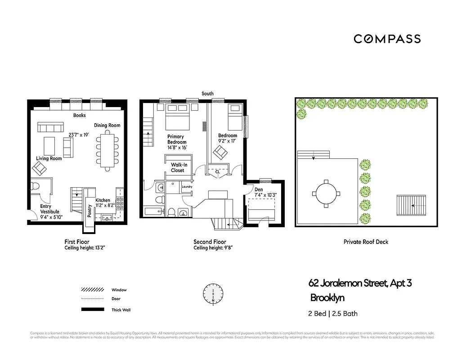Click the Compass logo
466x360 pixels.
pos(387,39)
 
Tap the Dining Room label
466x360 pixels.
pos(107,125)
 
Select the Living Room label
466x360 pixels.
pos(49,158)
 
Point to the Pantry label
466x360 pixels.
pos(90,211)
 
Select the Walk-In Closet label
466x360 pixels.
pos(178,167)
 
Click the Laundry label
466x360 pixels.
pos(187,187)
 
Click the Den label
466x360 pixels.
pos(258,189)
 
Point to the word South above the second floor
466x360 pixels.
pos(207,94)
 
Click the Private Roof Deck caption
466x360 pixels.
pos(366,242)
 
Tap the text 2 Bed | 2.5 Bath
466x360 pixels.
pos(333,314)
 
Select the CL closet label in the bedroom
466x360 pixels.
pos(218,171)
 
